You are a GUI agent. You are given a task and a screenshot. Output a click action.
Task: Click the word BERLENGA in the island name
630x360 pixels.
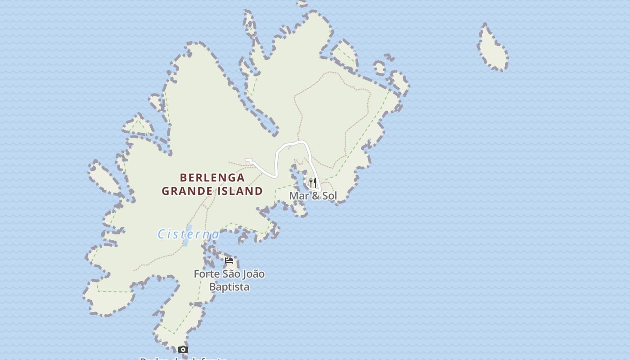pos(212,178)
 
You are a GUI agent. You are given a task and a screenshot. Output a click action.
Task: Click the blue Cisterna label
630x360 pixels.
pos(189,234)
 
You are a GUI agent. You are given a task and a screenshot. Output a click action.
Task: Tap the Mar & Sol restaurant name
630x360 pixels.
pos(313,196)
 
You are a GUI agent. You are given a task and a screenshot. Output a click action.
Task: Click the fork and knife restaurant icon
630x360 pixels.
pos(313,183)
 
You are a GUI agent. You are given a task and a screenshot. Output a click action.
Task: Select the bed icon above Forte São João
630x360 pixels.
pos(229,261)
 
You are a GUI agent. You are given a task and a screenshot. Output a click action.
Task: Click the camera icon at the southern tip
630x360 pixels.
pos(183,349)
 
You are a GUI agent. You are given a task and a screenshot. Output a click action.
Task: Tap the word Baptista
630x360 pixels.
pos(229,287)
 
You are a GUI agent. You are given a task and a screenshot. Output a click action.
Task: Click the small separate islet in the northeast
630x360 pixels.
pos(493,49)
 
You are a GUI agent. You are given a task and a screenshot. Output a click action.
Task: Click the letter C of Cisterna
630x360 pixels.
pos(161,234)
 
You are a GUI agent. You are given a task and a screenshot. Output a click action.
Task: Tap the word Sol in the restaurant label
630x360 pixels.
pos(329,196)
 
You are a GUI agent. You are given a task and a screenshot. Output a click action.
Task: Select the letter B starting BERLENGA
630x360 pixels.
pos(184,178)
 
